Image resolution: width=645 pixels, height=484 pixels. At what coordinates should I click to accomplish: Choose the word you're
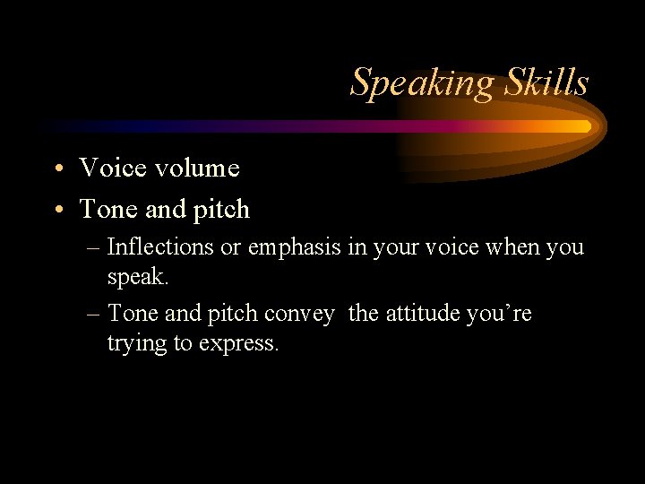point(499,315)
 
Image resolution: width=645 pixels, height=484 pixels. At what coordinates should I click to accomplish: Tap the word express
point(243,344)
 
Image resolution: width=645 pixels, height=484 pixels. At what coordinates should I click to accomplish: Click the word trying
point(134,344)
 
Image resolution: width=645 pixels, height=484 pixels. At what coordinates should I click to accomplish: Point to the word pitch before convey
point(235,315)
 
